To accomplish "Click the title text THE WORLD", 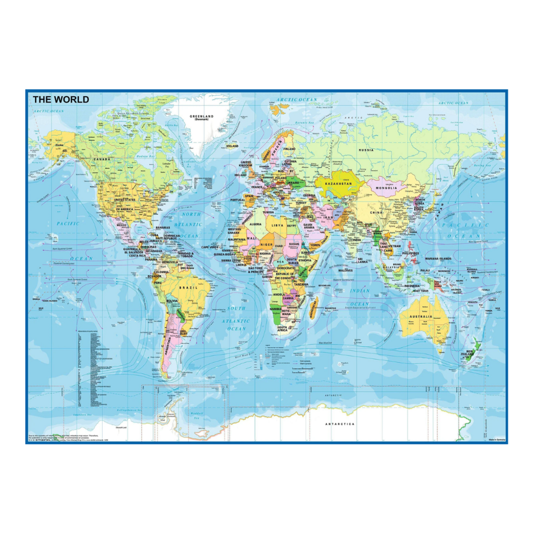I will coord(61,99).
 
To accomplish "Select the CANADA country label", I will coord(102,159).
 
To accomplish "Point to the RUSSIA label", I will coord(366,150).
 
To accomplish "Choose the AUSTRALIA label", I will coord(421,316).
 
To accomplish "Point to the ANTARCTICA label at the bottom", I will coord(340,424).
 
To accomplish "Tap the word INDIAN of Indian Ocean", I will coord(360,290).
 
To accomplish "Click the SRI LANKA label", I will coord(363,260).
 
